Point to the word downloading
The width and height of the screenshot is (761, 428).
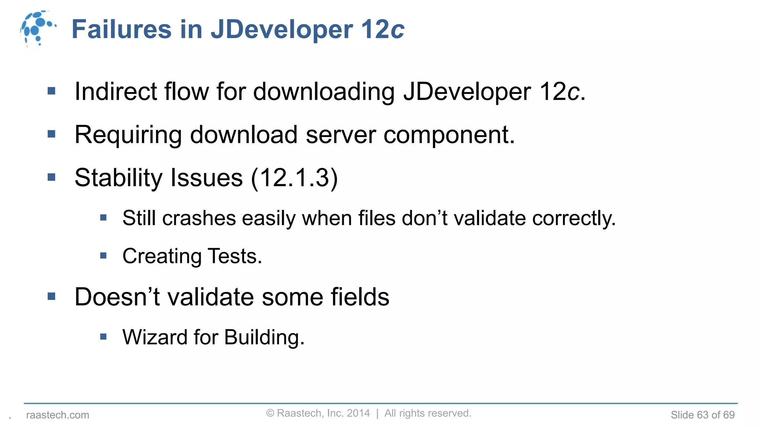(324, 92)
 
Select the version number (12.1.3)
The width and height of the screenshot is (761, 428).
(294, 178)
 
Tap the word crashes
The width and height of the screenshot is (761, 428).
(199, 218)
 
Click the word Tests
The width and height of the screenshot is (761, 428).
(235, 256)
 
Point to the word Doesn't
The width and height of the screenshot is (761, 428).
(117, 297)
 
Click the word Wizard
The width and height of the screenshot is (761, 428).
(155, 337)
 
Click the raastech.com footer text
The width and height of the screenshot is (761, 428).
(58, 415)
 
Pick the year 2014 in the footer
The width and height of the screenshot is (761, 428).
(358, 413)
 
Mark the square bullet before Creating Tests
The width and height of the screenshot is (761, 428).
(103, 256)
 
